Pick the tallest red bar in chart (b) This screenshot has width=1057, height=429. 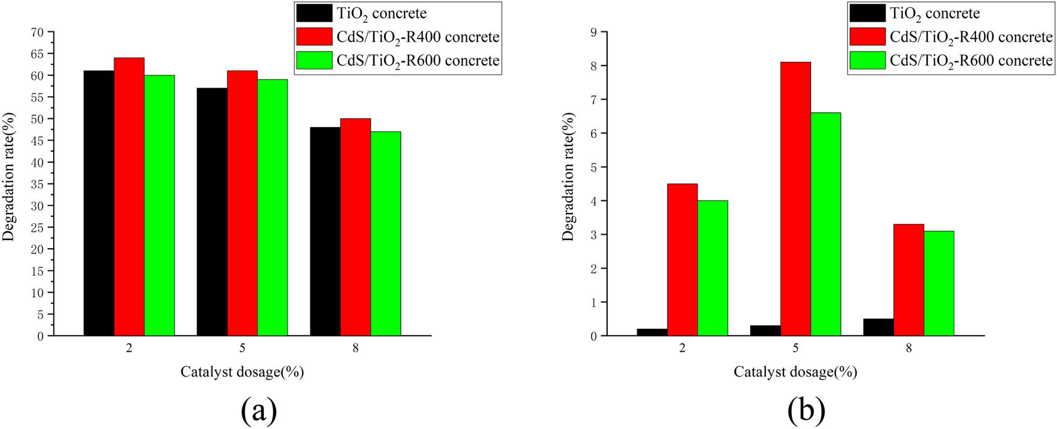coord(795,199)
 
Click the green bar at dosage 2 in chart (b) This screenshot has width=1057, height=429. coord(713,268)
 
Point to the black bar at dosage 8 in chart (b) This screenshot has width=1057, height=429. coord(878,327)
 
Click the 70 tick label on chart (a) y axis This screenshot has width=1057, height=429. coord(37,32)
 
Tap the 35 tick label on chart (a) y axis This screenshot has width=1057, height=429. coord(37,184)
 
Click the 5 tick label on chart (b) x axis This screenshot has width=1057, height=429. coord(795,349)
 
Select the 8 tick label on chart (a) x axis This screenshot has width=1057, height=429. coord(355,349)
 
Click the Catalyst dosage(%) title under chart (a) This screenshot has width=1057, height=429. coord(242,372)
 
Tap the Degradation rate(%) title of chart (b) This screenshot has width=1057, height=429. coord(568,177)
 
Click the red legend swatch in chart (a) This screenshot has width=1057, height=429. coord(314,37)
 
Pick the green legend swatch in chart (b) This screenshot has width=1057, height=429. coord(867,60)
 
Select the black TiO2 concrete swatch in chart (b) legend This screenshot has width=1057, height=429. coord(867,13)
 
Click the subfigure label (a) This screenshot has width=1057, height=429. coord(259,411)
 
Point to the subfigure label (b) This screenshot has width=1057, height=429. coord(806,411)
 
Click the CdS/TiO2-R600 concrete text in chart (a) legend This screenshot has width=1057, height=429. coord(418,61)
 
